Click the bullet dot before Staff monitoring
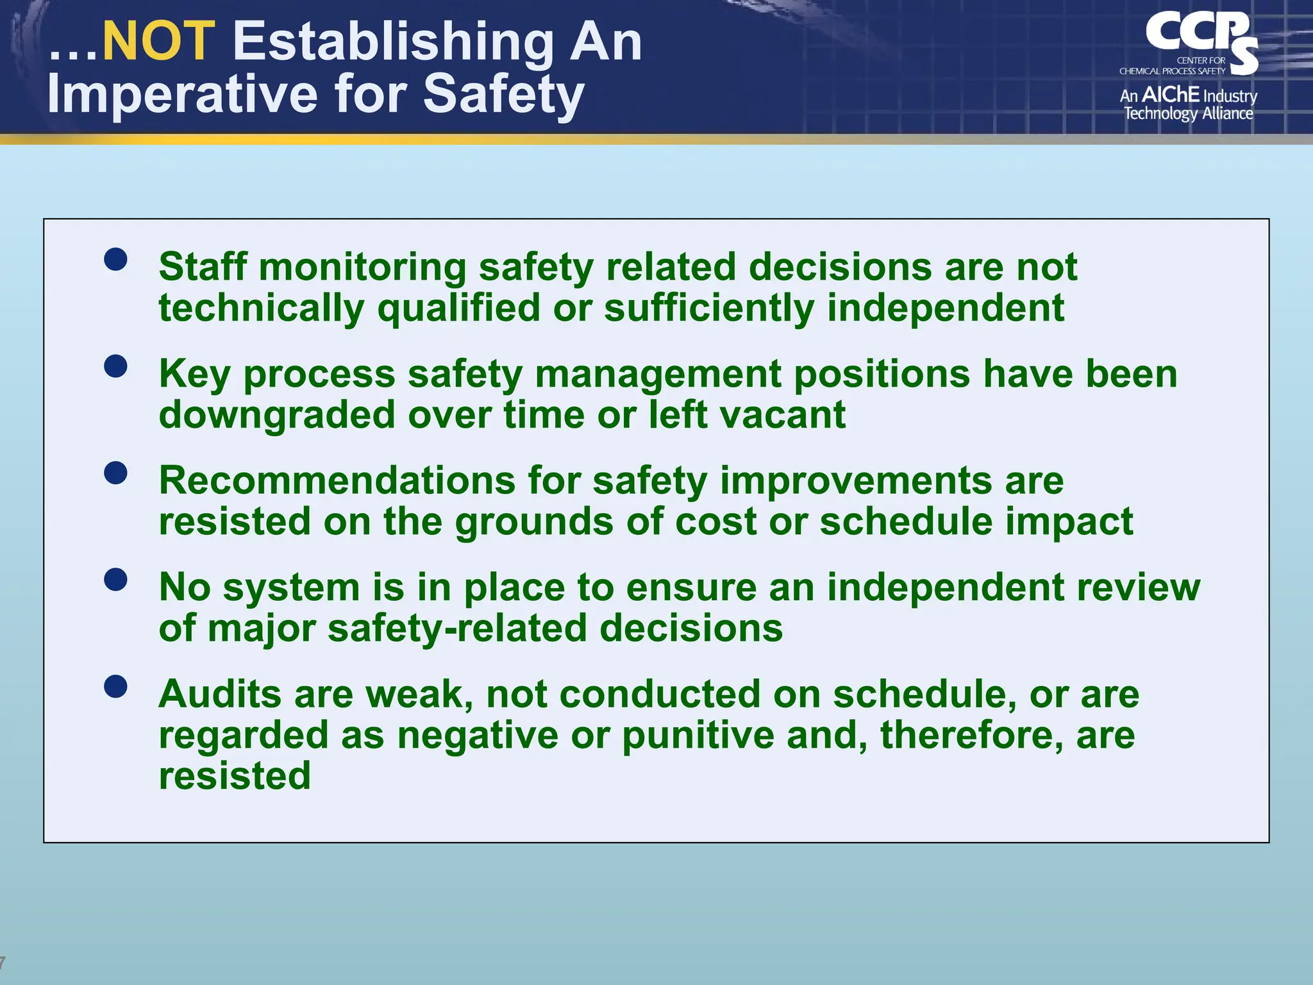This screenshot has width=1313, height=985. (x=115, y=260)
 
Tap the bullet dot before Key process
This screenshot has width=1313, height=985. (x=115, y=367)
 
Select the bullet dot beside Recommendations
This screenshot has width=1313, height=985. (x=115, y=473)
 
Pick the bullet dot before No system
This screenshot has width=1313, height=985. (x=115, y=580)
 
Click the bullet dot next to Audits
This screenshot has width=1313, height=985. (x=115, y=687)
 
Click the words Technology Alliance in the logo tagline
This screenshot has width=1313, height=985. (x=1188, y=114)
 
